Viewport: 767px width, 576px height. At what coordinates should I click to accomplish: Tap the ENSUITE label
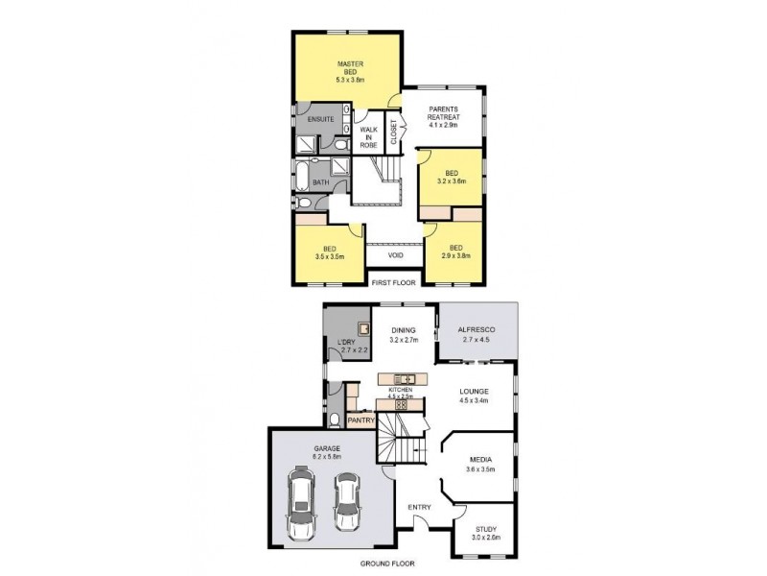coord(320,119)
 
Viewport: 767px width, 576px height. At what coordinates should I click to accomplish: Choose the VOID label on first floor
coord(395,255)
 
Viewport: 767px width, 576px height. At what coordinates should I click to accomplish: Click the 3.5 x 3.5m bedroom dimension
coord(329,256)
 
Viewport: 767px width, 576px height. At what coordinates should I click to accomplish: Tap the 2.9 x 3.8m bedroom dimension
coord(455,256)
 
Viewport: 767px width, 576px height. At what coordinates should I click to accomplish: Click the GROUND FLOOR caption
coord(386,563)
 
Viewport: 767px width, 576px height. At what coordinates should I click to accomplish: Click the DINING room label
coord(403,330)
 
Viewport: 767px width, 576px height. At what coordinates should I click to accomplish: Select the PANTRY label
coord(360,420)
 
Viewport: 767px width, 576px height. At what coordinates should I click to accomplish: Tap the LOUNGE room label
coord(474,391)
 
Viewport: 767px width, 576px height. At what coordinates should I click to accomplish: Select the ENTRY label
coord(419,507)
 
